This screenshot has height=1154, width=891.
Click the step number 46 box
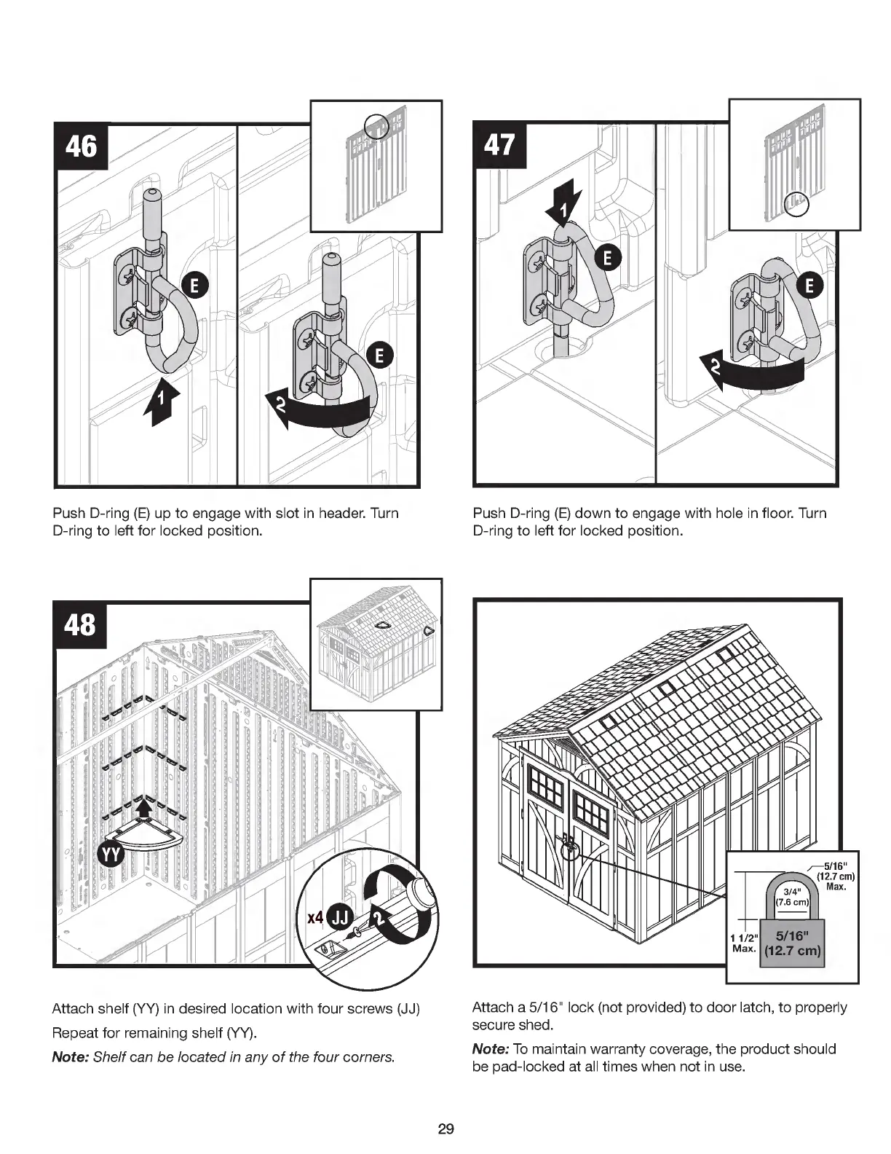[x=82, y=146]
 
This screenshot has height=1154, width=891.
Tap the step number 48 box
[x=80, y=625]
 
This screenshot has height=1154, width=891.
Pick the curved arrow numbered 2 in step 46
[x=320, y=413]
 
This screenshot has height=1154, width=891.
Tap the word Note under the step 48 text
[x=69, y=1057]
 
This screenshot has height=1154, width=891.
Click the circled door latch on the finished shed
[x=570, y=847]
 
